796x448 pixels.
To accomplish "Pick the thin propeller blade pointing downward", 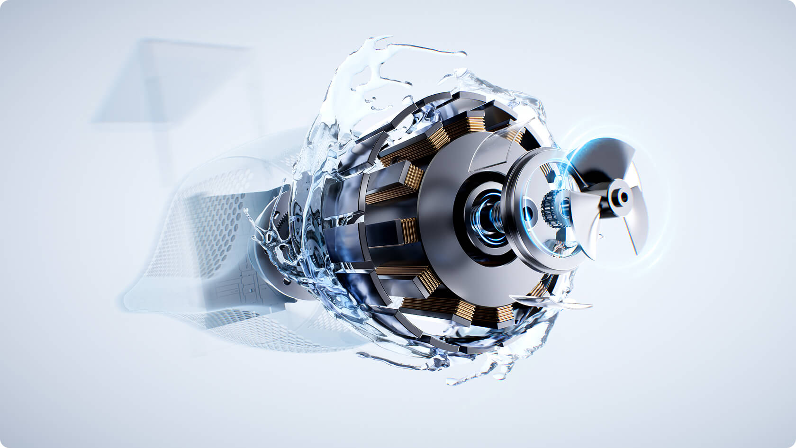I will [629, 237].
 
